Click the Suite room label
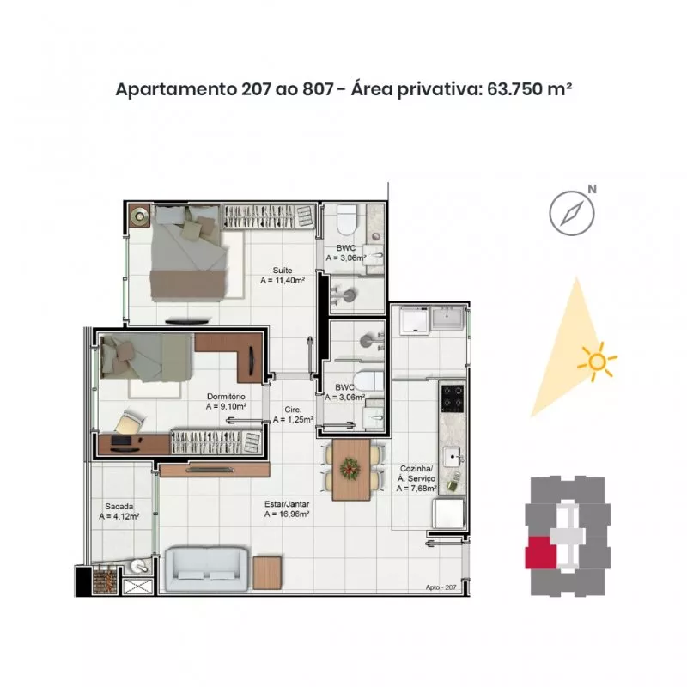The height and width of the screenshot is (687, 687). pyautogui.click(x=283, y=271)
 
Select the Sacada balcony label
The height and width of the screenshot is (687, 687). pyautogui.click(x=119, y=506)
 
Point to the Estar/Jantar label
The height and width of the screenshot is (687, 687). pyautogui.click(x=287, y=504)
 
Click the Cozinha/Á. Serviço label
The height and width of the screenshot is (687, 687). pyautogui.click(x=416, y=474)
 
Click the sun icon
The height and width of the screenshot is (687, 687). pyautogui.click(x=597, y=362)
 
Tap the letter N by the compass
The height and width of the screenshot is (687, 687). pyautogui.click(x=592, y=189)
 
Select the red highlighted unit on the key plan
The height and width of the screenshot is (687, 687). pyautogui.click(x=541, y=552)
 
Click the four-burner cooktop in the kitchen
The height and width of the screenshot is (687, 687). pyautogui.click(x=453, y=398)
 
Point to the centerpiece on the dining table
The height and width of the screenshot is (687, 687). pyautogui.click(x=350, y=469)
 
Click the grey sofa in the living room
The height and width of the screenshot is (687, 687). pyautogui.click(x=206, y=568)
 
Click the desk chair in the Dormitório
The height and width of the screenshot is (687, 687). pyautogui.click(x=130, y=421)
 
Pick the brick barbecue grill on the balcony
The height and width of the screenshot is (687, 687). pyautogui.click(x=105, y=581)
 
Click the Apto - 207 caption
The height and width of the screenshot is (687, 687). pyautogui.click(x=441, y=587)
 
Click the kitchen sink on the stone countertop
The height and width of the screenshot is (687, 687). pyautogui.click(x=453, y=458)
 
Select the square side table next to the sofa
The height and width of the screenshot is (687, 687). pyautogui.click(x=267, y=573)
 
